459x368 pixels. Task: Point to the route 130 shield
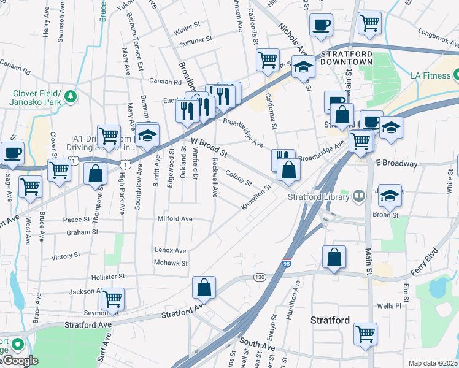[x=260, y=278]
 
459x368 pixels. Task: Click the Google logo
[x=20, y=361]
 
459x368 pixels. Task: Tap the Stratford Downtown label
[x=347, y=58]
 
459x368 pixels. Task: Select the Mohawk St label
[x=171, y=263]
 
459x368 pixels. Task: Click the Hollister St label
[x=108, y=277]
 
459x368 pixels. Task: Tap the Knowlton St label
[x=256, y=197]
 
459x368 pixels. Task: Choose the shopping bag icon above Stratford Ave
[x=204, y=287]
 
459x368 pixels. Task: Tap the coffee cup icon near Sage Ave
[x=12, y=151]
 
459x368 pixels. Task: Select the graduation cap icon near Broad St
[x=388, y=195]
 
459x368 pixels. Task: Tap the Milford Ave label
[x=175, y=218]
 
